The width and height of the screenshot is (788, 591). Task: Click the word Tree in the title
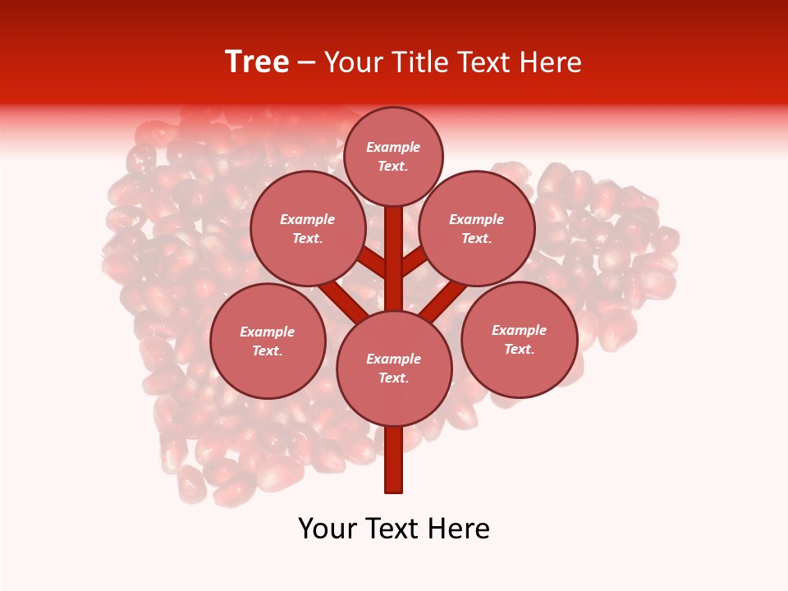[257, 62]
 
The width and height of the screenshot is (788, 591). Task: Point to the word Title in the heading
[416, 62]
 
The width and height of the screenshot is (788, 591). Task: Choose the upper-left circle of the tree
[307, 228]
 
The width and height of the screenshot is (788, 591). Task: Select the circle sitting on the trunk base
[394, 369]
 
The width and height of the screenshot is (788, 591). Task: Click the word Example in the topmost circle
[393, 147]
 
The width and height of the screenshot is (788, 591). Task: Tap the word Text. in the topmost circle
[393, 166]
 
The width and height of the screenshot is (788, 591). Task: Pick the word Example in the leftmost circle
[267, 332]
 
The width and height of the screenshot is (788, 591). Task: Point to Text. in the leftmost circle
[267, 350]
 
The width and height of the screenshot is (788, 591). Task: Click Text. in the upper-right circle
[476, 238]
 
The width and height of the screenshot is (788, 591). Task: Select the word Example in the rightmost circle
[519, 330]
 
